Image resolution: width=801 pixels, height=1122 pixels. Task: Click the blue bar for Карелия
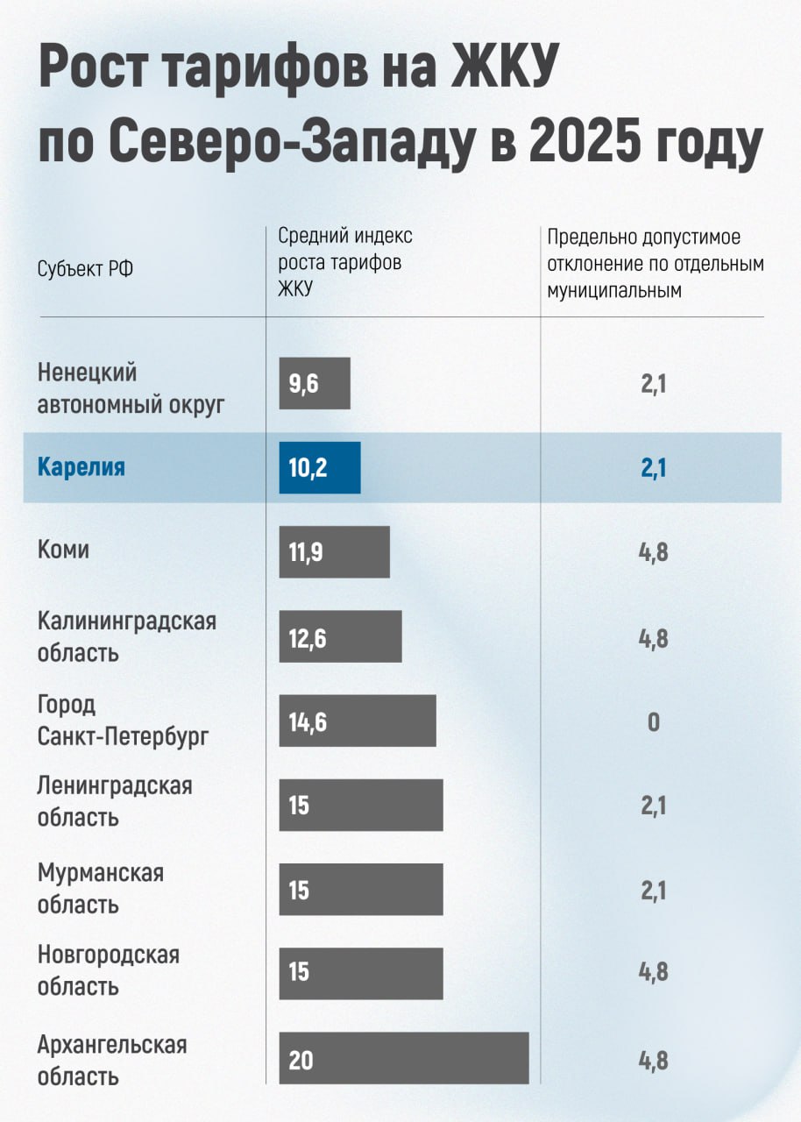[320, 468]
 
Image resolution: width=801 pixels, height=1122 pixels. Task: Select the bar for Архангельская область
[404, 1058]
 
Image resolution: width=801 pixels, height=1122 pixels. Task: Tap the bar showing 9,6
[315, 383]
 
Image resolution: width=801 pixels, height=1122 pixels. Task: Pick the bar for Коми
[334, 552]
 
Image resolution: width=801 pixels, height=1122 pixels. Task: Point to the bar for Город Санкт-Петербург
[358, 721]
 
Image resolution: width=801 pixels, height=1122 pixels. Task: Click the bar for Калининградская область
[340, 637]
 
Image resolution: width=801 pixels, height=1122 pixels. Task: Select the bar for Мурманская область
[361, 890]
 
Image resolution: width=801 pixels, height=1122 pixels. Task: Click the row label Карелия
[82, 467]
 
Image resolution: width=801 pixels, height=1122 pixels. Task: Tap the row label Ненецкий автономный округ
[131, 388]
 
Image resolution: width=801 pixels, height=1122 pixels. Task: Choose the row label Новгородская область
[108, 969]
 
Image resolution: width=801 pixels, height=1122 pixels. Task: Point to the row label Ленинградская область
[114, 801]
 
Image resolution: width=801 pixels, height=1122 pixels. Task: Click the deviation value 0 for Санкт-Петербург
[654, 723]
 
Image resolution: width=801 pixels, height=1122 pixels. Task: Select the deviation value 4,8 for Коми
[654, 554]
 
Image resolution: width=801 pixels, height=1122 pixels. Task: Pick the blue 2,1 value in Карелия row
[654, 469]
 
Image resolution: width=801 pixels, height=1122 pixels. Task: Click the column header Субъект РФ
[86, 269]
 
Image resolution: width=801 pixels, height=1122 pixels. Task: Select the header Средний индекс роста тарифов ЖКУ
[344, 262]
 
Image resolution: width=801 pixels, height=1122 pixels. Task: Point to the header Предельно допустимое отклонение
[656, 263]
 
